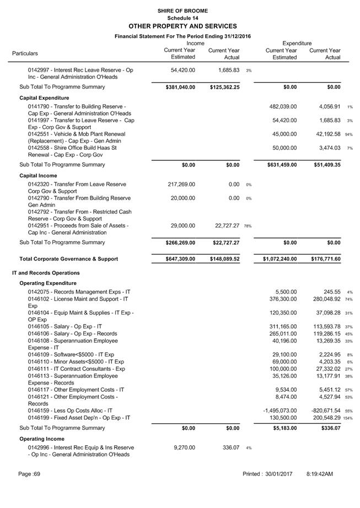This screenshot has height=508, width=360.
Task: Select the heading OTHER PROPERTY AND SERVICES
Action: pos(182,26)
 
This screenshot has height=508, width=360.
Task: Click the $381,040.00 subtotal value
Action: pos(180,87)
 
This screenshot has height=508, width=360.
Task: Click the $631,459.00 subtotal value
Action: pos(281,165)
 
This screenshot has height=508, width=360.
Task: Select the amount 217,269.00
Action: pos(180,185)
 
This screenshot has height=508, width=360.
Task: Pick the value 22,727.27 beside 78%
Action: pos(224,225)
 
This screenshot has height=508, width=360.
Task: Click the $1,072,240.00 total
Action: pos(278,259)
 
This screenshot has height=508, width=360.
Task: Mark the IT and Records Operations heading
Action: pos(46,273)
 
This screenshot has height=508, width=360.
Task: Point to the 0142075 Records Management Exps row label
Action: pos(79,291)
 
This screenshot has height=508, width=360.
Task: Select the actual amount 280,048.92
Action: pos(325,299)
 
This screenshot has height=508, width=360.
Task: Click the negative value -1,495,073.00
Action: pos(280,410)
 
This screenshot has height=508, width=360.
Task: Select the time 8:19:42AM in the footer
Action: pos(320,474)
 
